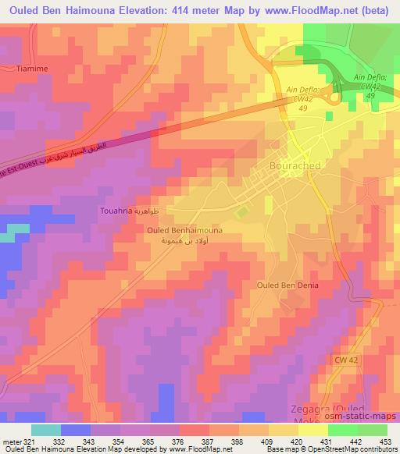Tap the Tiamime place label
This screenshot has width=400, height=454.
33,69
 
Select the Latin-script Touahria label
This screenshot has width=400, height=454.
119,211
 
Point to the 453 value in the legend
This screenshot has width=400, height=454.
386,441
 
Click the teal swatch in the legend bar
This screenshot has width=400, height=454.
45,430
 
